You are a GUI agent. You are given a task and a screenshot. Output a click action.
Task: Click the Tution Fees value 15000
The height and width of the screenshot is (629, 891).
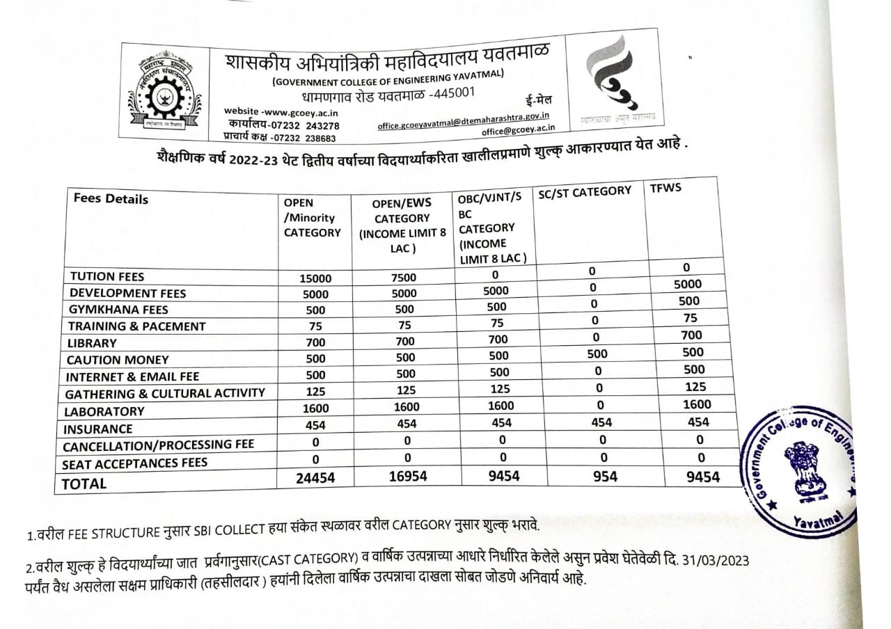pos(315,278)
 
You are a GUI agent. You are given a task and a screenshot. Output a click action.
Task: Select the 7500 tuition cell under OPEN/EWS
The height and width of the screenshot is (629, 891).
pos(404,277)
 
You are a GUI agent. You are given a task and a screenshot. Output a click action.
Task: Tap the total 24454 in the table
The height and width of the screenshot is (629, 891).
pos(315,477)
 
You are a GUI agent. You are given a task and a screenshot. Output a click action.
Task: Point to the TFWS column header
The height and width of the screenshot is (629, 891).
pos(665,189)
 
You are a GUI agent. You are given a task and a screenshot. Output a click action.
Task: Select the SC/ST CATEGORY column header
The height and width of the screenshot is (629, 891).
pos(585,191)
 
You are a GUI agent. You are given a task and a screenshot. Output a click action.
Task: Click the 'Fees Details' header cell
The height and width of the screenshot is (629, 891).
pos(111,199)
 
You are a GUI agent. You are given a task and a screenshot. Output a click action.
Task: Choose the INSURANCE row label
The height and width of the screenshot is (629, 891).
pos(97,429)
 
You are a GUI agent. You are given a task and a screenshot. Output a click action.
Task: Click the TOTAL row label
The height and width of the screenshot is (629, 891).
pos(85,484)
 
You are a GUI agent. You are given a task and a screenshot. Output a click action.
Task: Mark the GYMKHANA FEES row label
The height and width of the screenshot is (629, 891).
pos(118,310)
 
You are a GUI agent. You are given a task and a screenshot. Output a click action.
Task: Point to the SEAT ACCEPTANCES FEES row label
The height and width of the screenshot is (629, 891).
pos(134,463)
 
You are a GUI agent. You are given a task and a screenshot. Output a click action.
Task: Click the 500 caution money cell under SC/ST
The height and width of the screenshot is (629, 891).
pos(597,353)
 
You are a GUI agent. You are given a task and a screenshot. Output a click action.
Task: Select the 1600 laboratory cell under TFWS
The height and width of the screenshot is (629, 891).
pos(697,404)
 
